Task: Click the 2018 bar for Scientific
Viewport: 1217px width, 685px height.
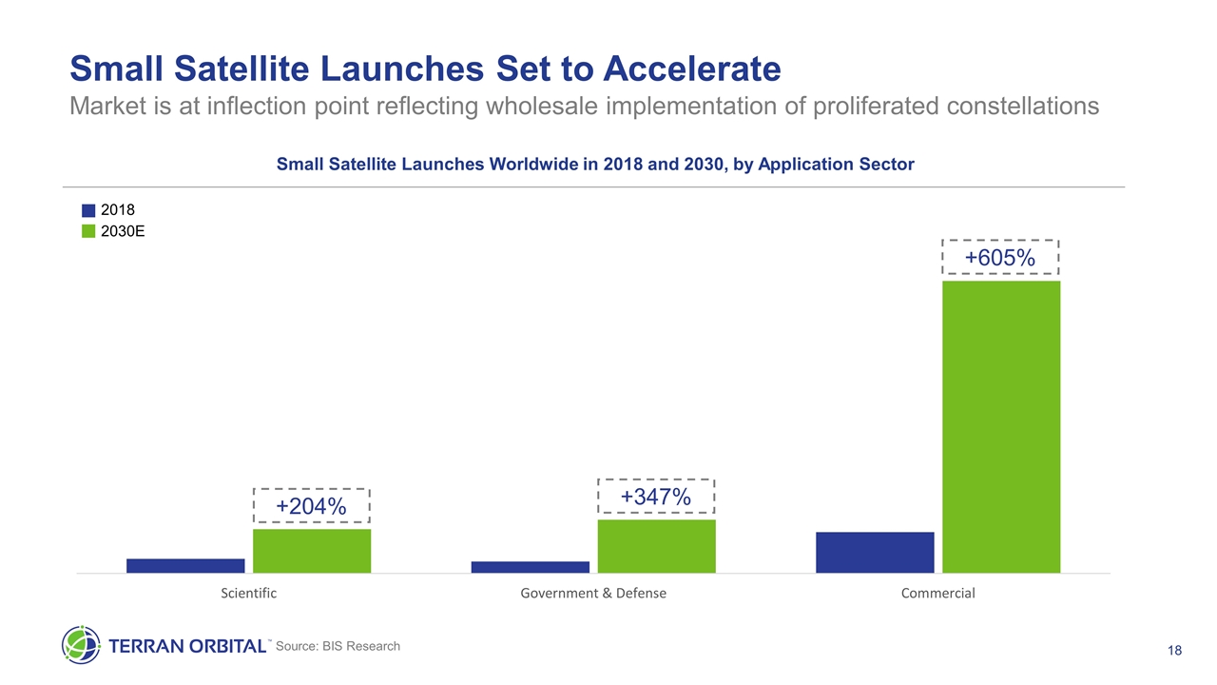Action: click(185, 565)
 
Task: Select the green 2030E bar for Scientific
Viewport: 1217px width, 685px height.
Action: click(312, 551)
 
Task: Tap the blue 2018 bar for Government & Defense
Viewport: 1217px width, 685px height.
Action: click(531, 567)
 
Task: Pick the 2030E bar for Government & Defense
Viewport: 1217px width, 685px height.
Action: click(656, 546)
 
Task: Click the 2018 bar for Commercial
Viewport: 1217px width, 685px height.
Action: click(875, 552)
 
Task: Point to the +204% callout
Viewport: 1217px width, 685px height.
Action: click(311, 507)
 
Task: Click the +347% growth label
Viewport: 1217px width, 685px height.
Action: click(655, 497)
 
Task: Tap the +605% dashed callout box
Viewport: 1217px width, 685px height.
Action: click(1000, 258)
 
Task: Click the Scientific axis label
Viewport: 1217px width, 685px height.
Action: click(248, 593)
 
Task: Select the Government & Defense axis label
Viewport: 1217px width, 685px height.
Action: click(593, 593)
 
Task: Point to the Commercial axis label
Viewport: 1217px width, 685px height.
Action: click(937, 593)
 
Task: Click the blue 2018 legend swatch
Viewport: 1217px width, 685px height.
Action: click(88, 210)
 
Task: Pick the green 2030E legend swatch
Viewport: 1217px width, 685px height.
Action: click(88, 231)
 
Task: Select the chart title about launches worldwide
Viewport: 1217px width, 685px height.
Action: click(595, 164)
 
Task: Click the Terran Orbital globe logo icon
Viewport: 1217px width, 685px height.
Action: click(81, 644)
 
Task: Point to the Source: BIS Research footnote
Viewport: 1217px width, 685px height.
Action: click(338, 646)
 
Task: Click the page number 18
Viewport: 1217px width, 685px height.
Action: click(1174, 651)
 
